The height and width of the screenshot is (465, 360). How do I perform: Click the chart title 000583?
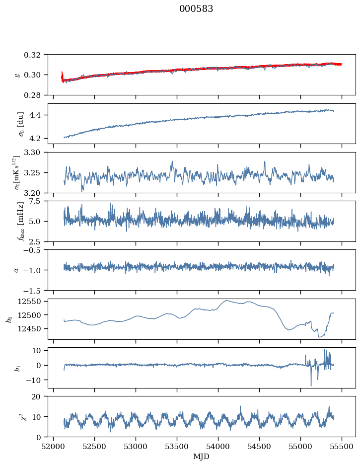click(196, 9)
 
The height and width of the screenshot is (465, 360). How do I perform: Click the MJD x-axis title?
click(201, 457)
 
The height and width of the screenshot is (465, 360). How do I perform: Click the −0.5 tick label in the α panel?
click(33, 250)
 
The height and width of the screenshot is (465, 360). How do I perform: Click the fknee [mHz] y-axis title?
click(20, 221)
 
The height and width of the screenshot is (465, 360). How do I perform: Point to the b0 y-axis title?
click(10, 319)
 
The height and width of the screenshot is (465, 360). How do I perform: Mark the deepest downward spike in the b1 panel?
click(311, 386)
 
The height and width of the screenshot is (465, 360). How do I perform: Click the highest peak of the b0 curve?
click(226, 301)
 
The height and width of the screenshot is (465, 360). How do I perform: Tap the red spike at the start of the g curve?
click(62, 77)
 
